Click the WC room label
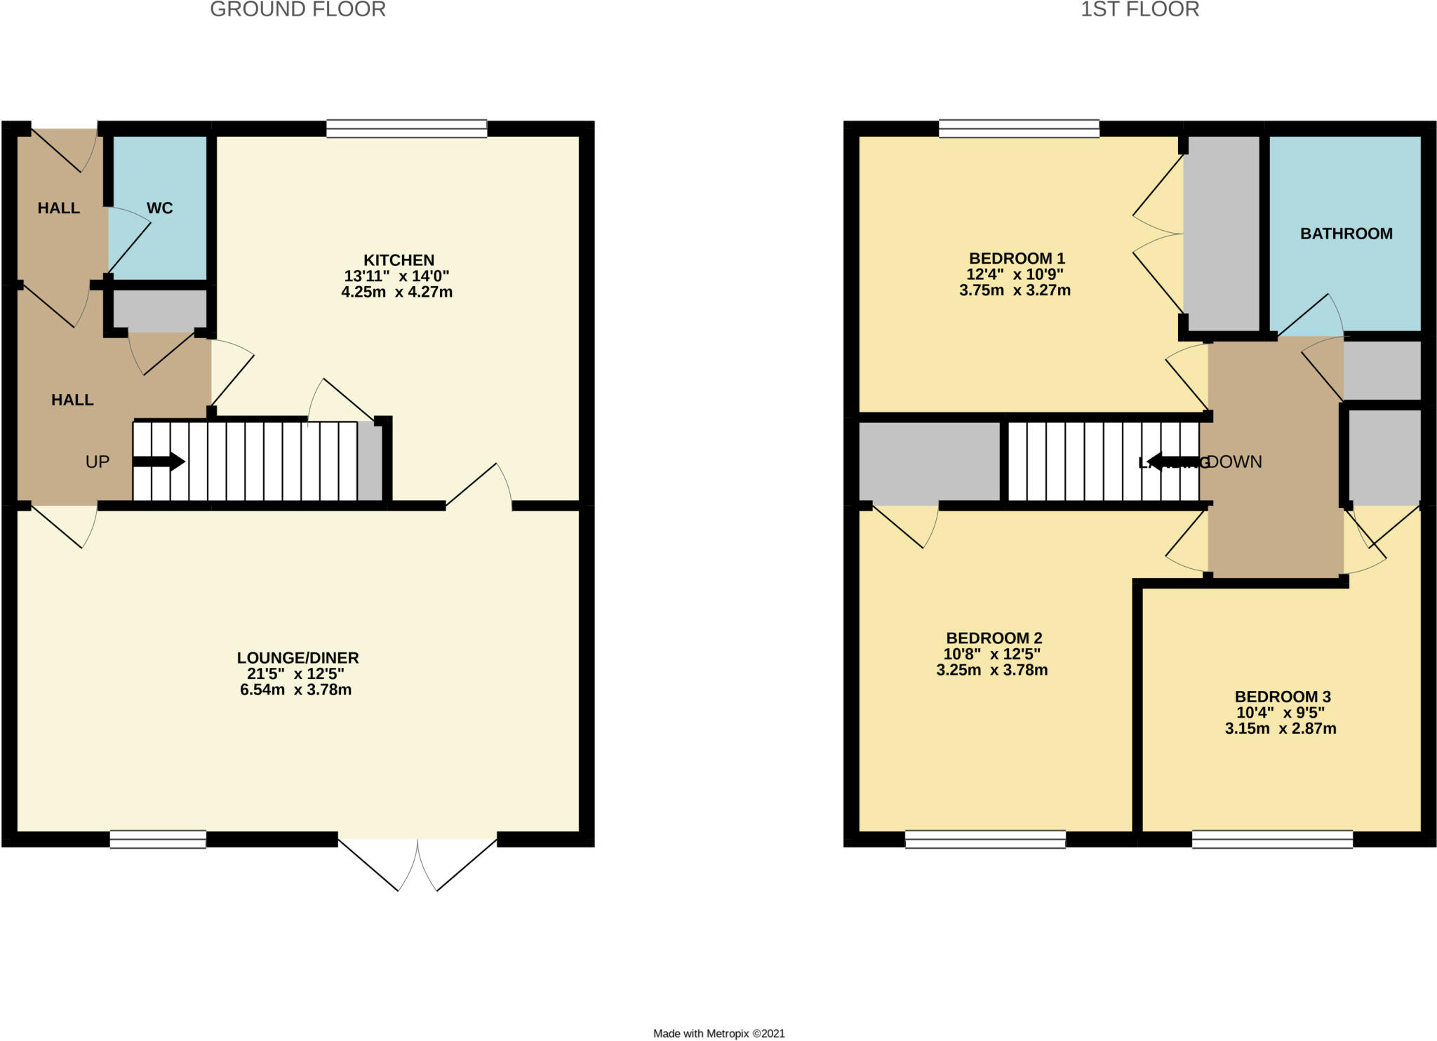(159, 208)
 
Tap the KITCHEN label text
(399, 260)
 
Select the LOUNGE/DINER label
(298, 658)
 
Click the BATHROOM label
(1346, 234)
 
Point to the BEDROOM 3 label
(1282, 697)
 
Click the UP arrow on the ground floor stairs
(159, 462)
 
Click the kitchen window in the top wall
(406, 128)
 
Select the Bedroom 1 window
(1019, 128)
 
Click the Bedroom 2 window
(985, 839)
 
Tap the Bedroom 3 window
(1272, 839)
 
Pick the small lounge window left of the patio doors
(158, 839)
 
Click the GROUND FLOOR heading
(298, 10)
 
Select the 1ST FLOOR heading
(1139, 10)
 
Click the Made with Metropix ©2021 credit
(718, 1033)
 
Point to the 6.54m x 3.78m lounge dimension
(295, 690)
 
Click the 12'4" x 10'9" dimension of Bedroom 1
(1015, 274)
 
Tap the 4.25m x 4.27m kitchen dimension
(396, 292)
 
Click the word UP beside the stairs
(98, 462)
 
